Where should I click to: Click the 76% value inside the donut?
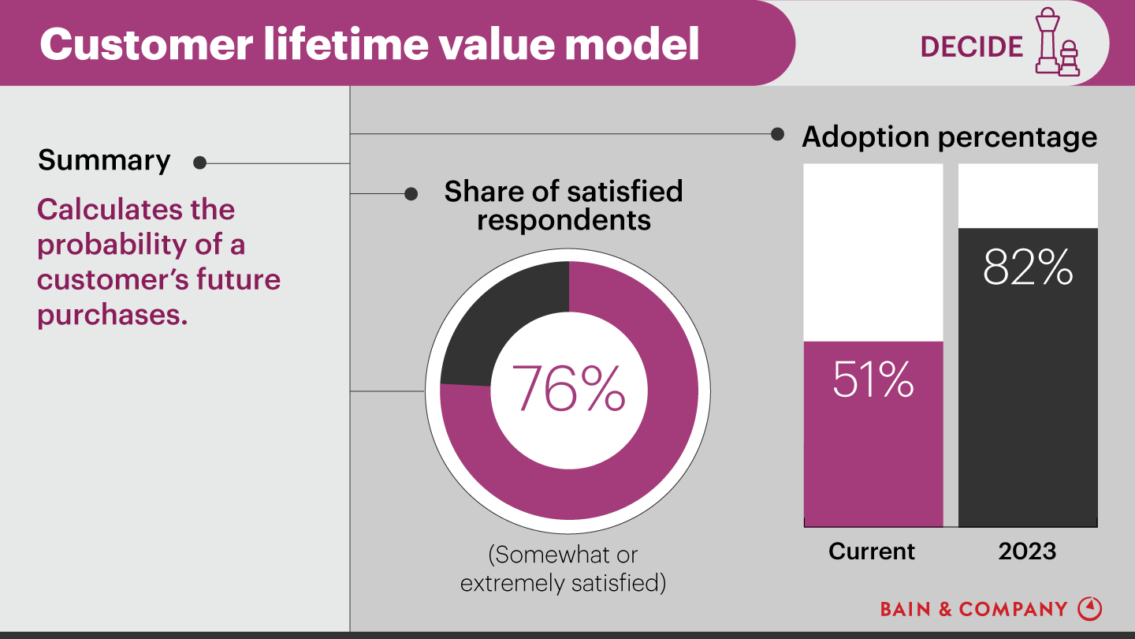(x=568, y=387)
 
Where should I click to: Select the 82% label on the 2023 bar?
(x=1028, y=267)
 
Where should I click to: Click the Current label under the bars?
(x=872, y=551)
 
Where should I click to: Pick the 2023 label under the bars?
(x=1027, y=551)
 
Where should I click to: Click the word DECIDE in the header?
(x=971, y=47)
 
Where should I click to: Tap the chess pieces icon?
(x=1056, y=43)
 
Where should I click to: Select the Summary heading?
(x=104, y=160)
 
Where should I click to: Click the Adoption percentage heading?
(x=949, y=136)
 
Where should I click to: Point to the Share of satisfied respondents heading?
(x=564, y=205)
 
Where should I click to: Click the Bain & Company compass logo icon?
(x=1089, y=608)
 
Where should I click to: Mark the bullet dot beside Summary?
(x=199, y=163)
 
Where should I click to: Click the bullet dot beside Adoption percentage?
(x=777, y=134)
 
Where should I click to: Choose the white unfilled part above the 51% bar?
(x=873, y=252)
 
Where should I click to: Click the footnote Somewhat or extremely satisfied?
(x=563, y=569)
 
